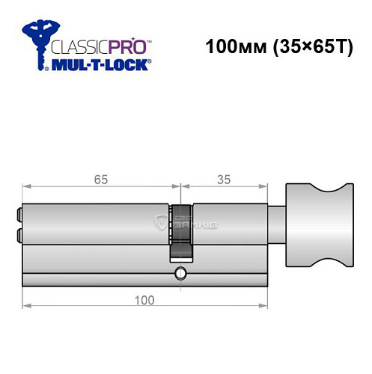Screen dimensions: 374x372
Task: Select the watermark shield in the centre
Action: click(159, 221)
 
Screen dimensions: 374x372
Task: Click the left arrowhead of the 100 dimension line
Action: click(25, 306)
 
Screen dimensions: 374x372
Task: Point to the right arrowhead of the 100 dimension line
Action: click(265, 306)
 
